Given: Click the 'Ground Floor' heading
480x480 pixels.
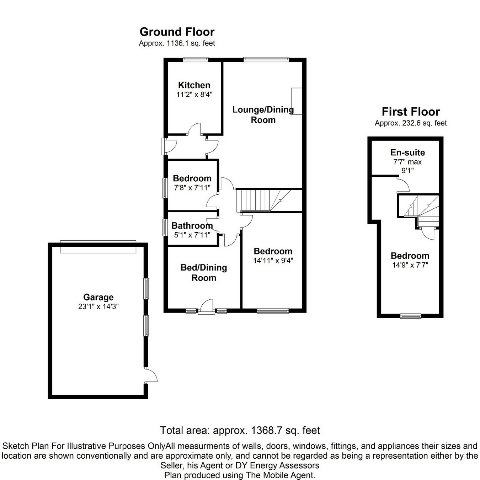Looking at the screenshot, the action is (177, 32).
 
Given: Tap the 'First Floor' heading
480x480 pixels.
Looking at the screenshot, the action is (411, 112).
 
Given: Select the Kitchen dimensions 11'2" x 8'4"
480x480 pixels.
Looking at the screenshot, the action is (194, 95).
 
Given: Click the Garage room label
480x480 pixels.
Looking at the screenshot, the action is (98, 297).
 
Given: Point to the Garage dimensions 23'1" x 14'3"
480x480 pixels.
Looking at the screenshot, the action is (98, 306).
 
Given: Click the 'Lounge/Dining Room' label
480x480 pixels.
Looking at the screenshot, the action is (263, 114).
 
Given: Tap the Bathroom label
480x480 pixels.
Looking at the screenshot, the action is (192, 225).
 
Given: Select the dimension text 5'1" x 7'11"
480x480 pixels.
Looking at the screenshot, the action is (192, 235).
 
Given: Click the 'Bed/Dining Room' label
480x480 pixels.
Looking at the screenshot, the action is (204, 272).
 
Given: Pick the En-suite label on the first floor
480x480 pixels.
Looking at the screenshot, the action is (407, 153).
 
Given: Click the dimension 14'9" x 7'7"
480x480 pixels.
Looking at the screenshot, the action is (410, 265).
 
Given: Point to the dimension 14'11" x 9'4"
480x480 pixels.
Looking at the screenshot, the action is (273, 260).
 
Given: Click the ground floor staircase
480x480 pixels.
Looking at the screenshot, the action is (263, 201).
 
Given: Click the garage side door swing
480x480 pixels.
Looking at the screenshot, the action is (151, 375).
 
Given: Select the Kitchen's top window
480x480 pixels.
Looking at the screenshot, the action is (196, 59).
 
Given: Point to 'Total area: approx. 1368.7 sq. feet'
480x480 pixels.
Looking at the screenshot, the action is (240, 430).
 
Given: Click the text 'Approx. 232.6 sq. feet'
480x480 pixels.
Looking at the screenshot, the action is (411, 123).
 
